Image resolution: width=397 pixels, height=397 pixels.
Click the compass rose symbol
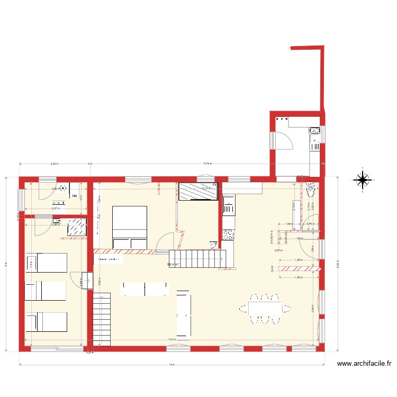[x=363, y=181]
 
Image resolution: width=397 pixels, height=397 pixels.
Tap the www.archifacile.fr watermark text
[x=365, y=364]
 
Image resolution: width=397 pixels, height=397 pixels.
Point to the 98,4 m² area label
[x=173, y=265]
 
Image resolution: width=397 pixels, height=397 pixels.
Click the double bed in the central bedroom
[x=129, y=228]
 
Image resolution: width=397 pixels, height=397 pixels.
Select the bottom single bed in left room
[x=46, y=322]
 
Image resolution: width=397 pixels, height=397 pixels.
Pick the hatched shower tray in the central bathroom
[x=198, y=191]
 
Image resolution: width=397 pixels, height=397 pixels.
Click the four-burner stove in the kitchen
[x=229, y=235]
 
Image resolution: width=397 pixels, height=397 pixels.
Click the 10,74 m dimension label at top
[x=208, y=164]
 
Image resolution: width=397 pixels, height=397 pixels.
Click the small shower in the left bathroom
[x=77, y=228]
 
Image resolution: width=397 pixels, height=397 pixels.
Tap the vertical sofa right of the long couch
[x=183, y=313]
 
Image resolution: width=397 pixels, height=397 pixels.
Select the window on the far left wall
[x=21, y=199]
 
